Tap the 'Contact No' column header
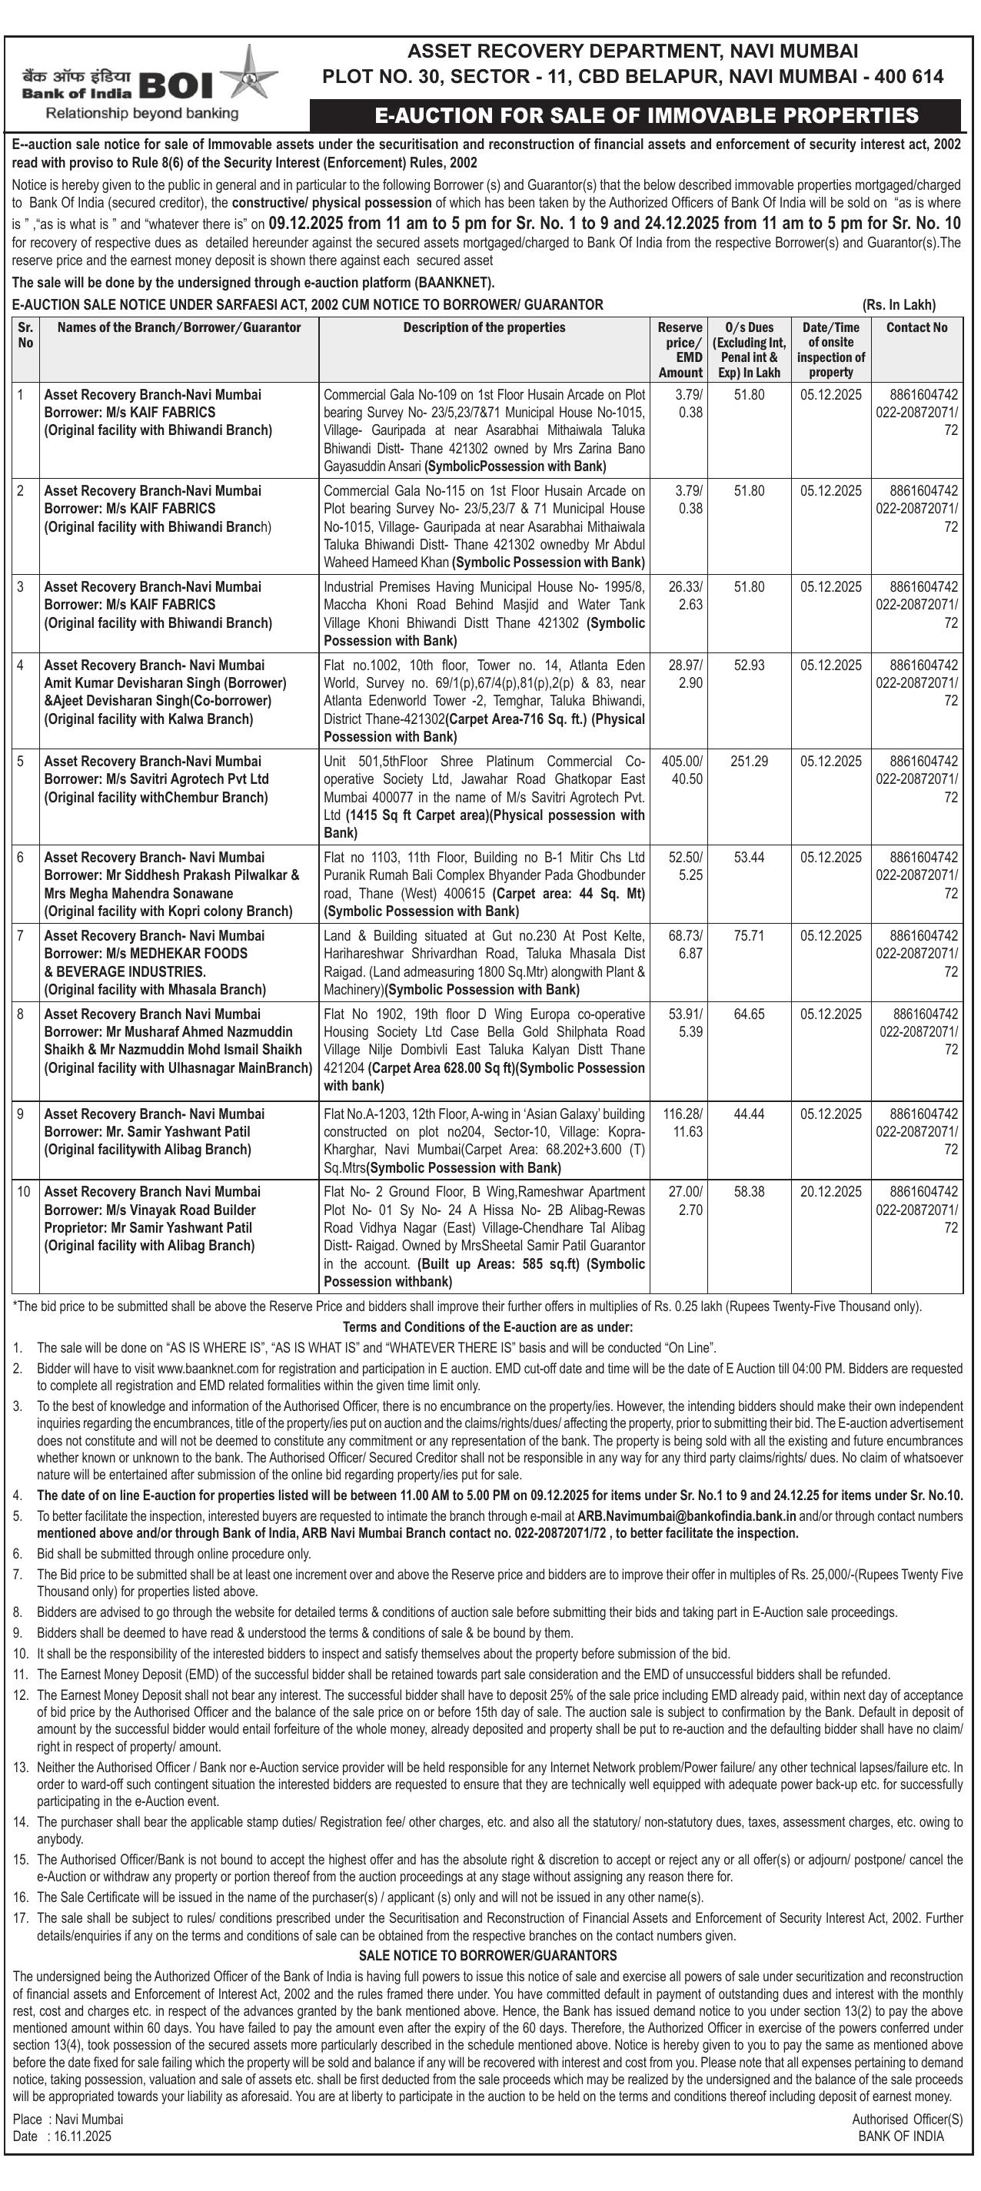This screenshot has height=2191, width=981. [x=916, y=327]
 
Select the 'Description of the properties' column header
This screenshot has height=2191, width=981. [x=484, y=327]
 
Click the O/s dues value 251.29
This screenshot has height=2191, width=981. [x=749, y=762]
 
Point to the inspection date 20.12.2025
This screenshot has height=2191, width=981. [x=830, y=1192]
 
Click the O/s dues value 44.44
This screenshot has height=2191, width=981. [x=749, y=1114]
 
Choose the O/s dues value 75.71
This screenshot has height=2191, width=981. [x=749, y=935]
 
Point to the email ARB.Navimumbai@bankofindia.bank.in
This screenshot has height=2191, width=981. [x=687, y=1515]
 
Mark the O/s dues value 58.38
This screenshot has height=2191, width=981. [x=749, y=1192]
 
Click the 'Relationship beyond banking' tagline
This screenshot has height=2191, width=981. [x=142, y=113]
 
